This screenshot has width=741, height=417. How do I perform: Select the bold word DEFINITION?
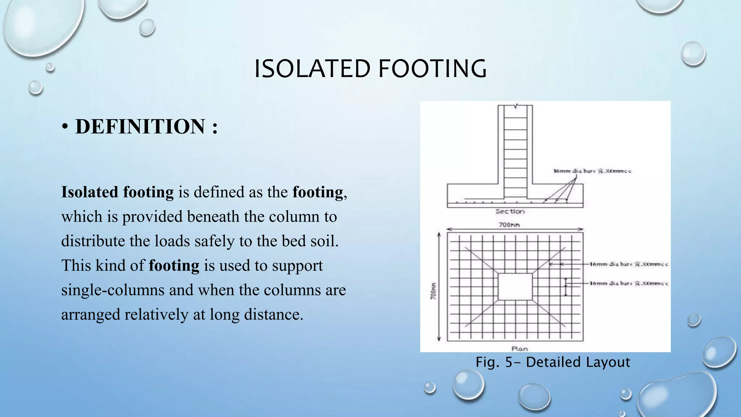point(140,127)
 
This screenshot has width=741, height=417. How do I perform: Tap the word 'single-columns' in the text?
point(113,290)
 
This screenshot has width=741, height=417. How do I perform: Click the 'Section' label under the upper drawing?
point(510,211)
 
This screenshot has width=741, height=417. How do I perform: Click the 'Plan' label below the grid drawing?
point(519,349)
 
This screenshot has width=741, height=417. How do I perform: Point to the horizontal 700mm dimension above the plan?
point(509,225)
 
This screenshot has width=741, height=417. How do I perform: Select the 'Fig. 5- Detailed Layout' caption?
point(552,362)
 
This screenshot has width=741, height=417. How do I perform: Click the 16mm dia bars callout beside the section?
point(592,171)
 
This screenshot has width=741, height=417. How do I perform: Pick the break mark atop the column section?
point(515,106)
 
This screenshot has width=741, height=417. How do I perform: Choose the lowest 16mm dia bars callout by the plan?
point(628,283)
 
